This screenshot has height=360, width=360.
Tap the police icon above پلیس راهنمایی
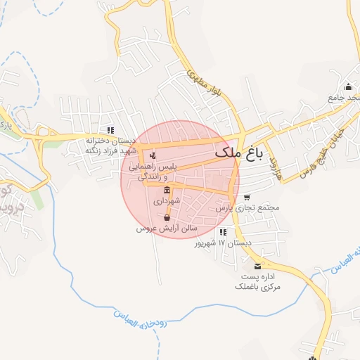point(153,155)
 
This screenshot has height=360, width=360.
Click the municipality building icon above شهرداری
point(167,191)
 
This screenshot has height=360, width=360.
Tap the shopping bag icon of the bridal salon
point(166,218)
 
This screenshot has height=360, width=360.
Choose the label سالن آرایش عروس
point(167,229)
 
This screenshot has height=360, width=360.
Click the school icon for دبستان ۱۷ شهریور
point(223,232)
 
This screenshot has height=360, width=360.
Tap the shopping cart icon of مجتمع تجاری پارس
point(246,198)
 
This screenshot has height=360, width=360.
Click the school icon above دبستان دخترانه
point(110,130)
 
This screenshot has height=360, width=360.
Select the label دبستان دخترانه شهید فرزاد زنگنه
point(110,146)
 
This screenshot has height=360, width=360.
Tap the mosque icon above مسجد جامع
point(349,86)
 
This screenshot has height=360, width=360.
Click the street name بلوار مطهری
point(196,82)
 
